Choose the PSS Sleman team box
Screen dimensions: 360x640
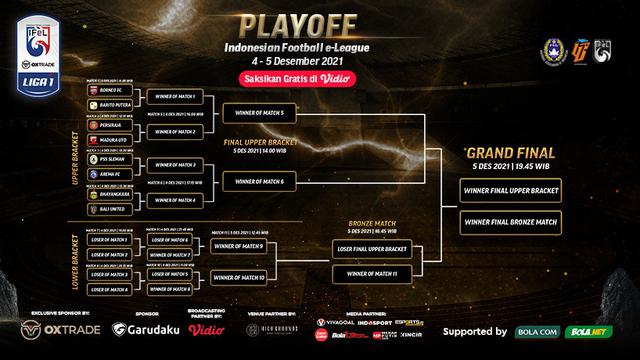109,159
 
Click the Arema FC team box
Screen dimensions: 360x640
109,172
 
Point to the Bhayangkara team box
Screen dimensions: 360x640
109,186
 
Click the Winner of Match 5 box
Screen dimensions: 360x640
260,114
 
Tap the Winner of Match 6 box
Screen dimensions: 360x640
260,180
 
